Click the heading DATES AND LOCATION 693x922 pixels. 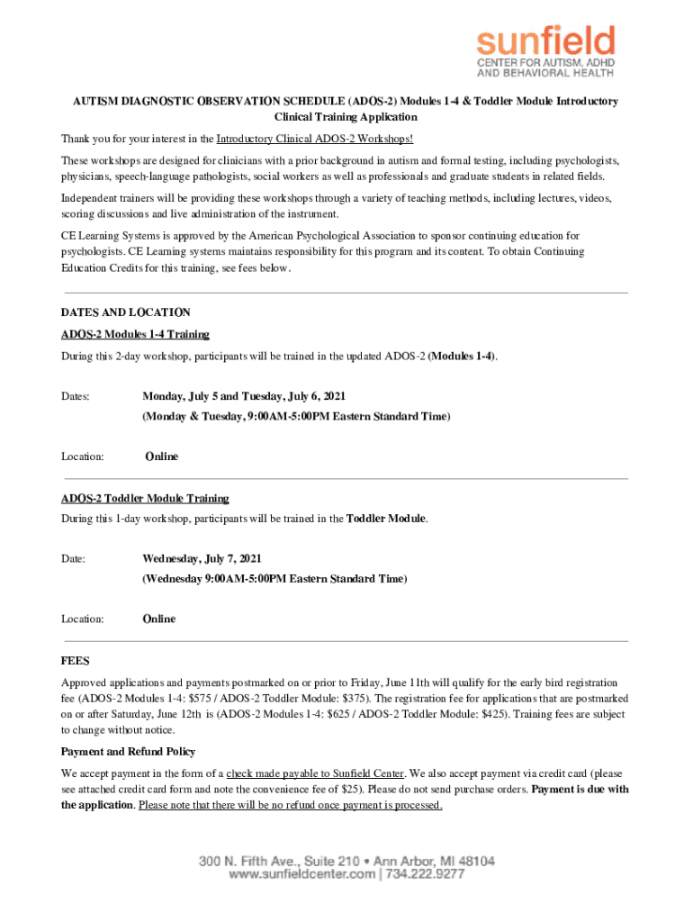[x=125, y=312]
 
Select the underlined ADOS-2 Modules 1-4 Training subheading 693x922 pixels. [x=135, y=334]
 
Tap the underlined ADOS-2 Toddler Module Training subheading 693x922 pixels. [x=145, y=498]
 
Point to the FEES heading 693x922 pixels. [x=75, y=661]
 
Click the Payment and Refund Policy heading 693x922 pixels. [x=128, y=752]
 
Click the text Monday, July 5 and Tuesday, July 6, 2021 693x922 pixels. [x=244, y=396]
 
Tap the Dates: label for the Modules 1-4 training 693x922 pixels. [x=76, y=396]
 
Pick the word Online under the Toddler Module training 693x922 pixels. [x=159, y=619]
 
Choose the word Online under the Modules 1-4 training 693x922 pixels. [x=162, y=456]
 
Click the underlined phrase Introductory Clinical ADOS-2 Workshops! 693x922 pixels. [x=315, y=139]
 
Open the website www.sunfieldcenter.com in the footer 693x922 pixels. [x=301, y=873]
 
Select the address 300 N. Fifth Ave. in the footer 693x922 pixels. [x=242, y=861]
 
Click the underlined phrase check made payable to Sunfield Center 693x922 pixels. [x=316, y=773]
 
